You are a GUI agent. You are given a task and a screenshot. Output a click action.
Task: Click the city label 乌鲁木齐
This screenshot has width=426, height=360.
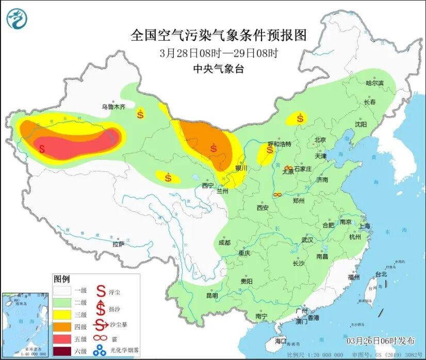coord(113,107)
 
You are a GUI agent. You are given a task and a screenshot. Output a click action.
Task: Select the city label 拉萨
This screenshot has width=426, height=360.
coord(118,243)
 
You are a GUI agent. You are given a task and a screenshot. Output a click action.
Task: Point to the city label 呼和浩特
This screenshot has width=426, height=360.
coord(280,144)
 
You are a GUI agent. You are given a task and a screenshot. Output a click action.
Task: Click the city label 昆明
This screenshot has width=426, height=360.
coord(212,296)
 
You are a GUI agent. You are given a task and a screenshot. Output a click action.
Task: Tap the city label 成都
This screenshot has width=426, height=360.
coord(224,242)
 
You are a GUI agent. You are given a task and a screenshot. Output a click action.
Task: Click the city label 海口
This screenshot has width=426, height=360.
coord(280,341)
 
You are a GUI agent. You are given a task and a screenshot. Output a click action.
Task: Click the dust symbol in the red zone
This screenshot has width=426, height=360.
coord(42,149)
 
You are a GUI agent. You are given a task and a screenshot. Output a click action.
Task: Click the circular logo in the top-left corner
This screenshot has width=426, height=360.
coord(17,19)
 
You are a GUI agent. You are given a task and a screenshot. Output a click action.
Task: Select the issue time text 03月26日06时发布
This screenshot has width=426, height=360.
coord(380,341)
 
